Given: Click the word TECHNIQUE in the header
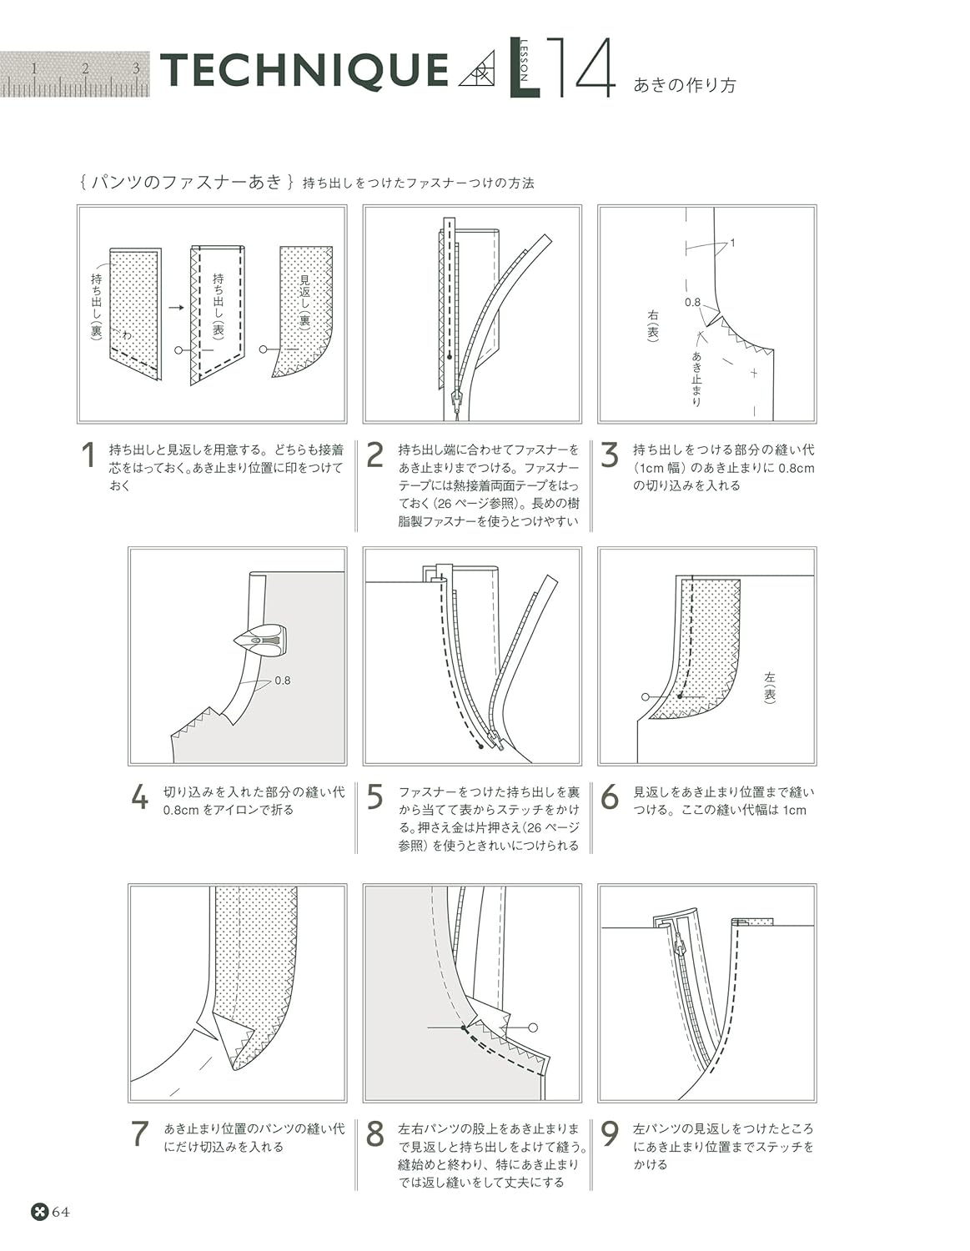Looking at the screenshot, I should [304, 71].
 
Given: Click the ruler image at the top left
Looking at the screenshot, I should [75, 74].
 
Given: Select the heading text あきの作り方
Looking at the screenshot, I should [685, 85].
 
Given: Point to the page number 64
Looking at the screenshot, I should [61, 1212].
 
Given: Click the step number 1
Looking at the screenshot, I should [88, 457].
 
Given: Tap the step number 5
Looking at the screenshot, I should [375, 798].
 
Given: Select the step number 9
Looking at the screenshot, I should [611, 1135].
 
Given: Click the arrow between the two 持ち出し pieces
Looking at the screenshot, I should [175, 307].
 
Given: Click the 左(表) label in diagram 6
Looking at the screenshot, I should [769, 687].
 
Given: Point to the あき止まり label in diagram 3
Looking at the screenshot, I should [696, 378].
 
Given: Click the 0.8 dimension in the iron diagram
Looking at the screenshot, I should [283, 681].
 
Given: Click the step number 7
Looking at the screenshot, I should [140, 1135].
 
